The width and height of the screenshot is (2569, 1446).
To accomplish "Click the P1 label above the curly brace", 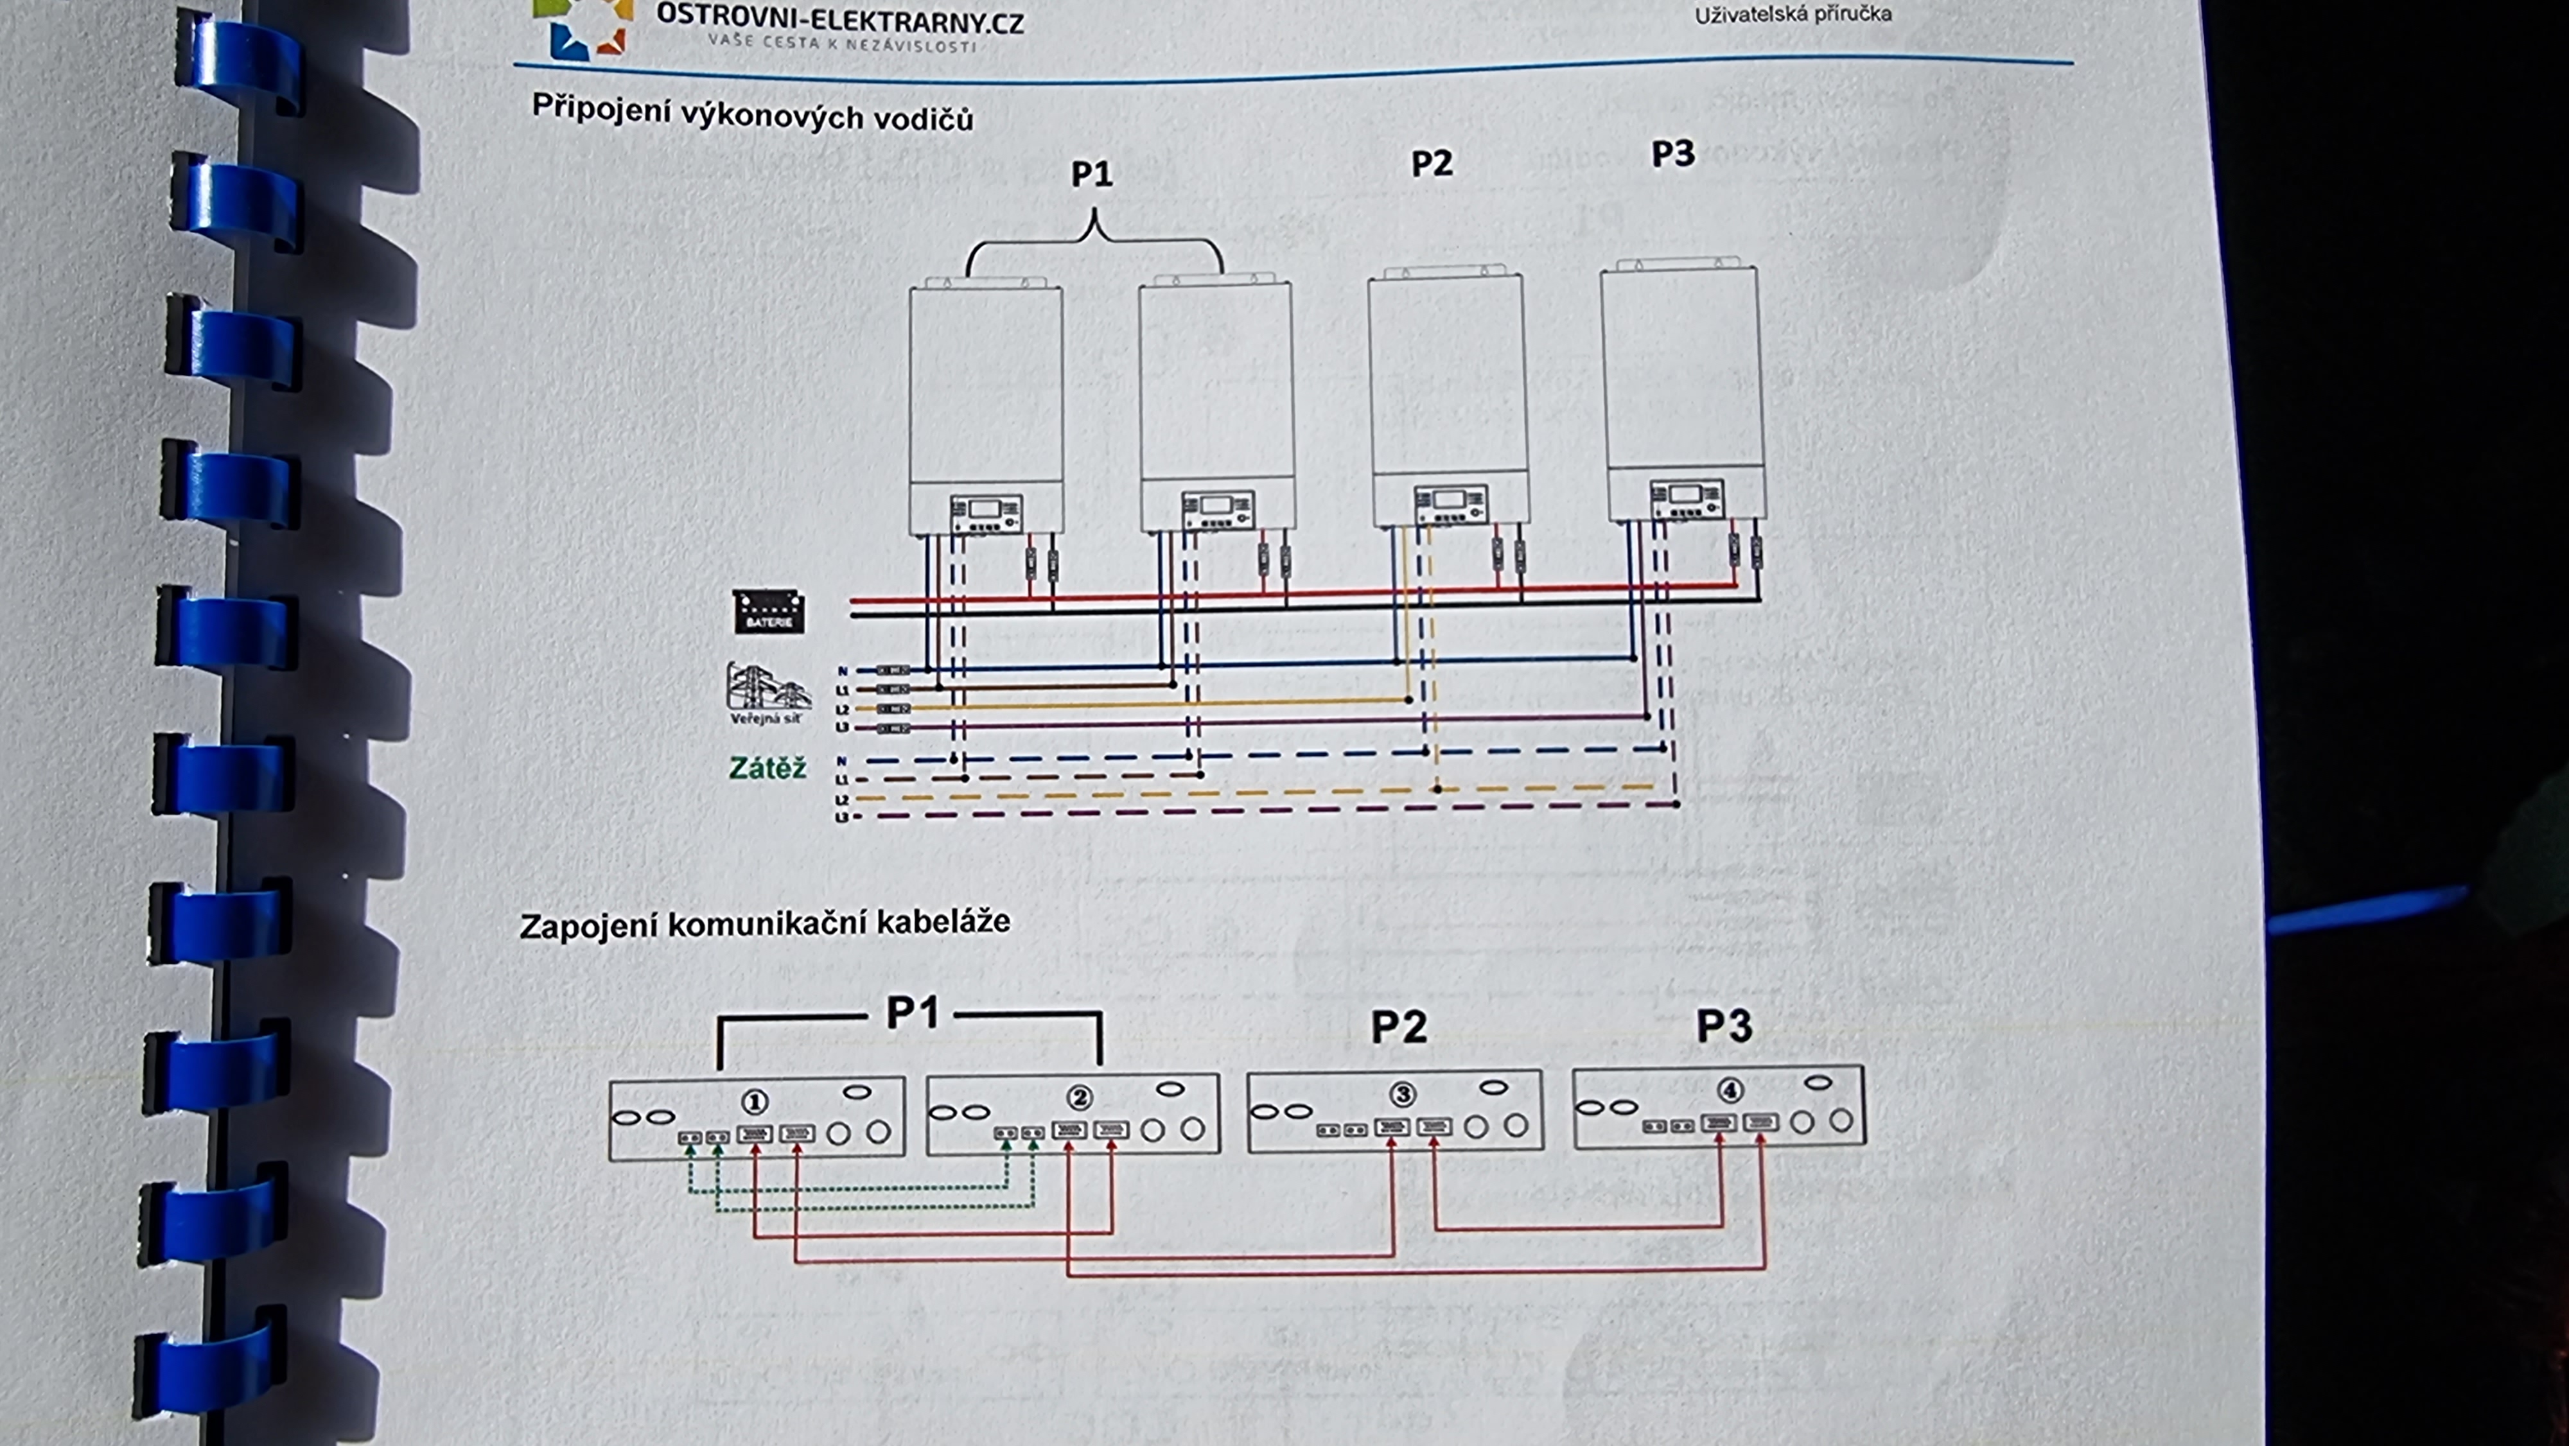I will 1091,175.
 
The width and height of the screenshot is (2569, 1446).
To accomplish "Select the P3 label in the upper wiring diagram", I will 1672,153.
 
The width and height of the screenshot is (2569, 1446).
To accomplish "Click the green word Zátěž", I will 767,768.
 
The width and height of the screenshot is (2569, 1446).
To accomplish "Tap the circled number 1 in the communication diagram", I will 755,1102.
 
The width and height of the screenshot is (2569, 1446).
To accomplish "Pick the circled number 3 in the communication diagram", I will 1402,1095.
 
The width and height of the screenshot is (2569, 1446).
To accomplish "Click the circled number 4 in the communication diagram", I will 1730,1091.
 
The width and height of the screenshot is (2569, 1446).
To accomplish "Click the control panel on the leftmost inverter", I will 985,514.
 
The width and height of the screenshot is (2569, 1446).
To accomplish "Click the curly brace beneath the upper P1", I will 1094,240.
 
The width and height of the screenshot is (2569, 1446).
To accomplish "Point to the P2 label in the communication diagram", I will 1398,1026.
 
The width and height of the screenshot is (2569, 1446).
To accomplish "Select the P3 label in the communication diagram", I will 1724,1025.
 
